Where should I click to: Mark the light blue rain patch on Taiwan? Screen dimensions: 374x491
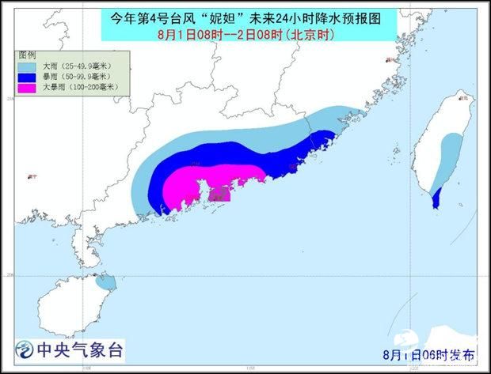click(x=449, y=154)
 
